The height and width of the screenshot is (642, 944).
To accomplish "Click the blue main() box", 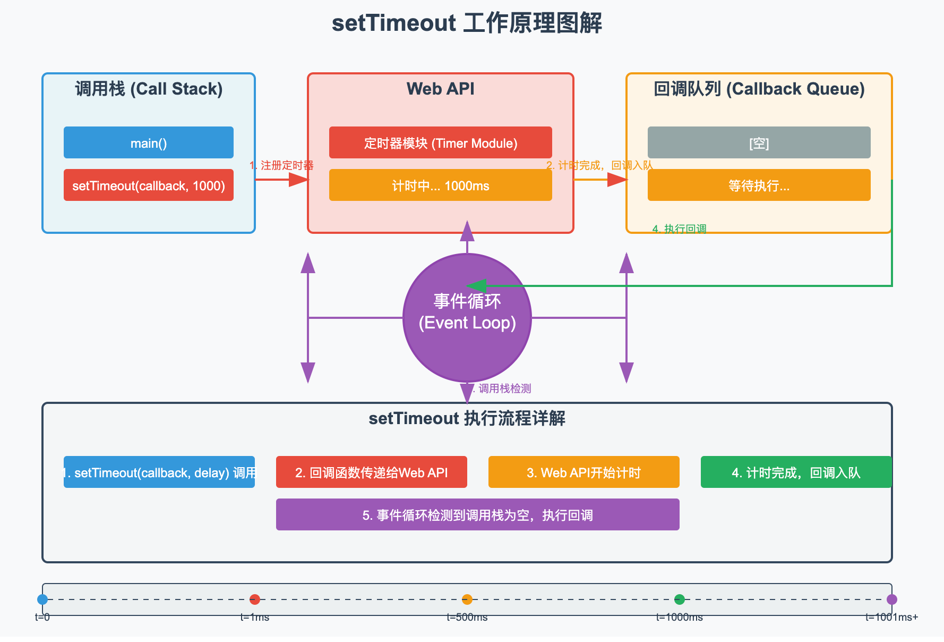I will coord(149,142).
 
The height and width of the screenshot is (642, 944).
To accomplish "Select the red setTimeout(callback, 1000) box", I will coord(149,185).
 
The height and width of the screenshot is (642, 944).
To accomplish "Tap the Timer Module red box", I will coord(440,142).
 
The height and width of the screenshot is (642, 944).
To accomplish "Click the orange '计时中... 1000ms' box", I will coord(440,185).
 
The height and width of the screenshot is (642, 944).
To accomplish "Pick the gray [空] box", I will coord(759,142).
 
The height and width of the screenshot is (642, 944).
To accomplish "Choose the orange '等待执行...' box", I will coord(759,185).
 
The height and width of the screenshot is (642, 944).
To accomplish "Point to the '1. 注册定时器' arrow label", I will coord(281,165).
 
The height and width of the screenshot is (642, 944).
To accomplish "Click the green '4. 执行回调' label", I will coord(679,229).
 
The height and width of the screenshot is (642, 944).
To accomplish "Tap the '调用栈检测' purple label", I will coord(503,388).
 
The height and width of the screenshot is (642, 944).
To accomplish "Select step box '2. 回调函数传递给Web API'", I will coord(371,472).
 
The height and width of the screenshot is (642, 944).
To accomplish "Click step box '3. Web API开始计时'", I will coord(583,472).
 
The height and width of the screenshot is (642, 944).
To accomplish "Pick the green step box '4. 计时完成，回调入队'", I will coord(795,472).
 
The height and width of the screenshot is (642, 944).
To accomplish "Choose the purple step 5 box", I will coord(477,514).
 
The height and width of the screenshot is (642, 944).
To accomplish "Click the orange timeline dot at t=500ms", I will coord(467,599).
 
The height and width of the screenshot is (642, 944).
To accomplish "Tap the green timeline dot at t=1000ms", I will coord(680,599).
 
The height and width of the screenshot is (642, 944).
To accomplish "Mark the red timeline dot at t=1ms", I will coord(255,599).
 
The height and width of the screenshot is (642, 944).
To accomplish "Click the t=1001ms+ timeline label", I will coord(891,617).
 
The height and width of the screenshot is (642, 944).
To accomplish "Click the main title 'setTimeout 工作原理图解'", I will coord(467,23).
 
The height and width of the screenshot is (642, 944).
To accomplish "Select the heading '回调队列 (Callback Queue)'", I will coord(759,89).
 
